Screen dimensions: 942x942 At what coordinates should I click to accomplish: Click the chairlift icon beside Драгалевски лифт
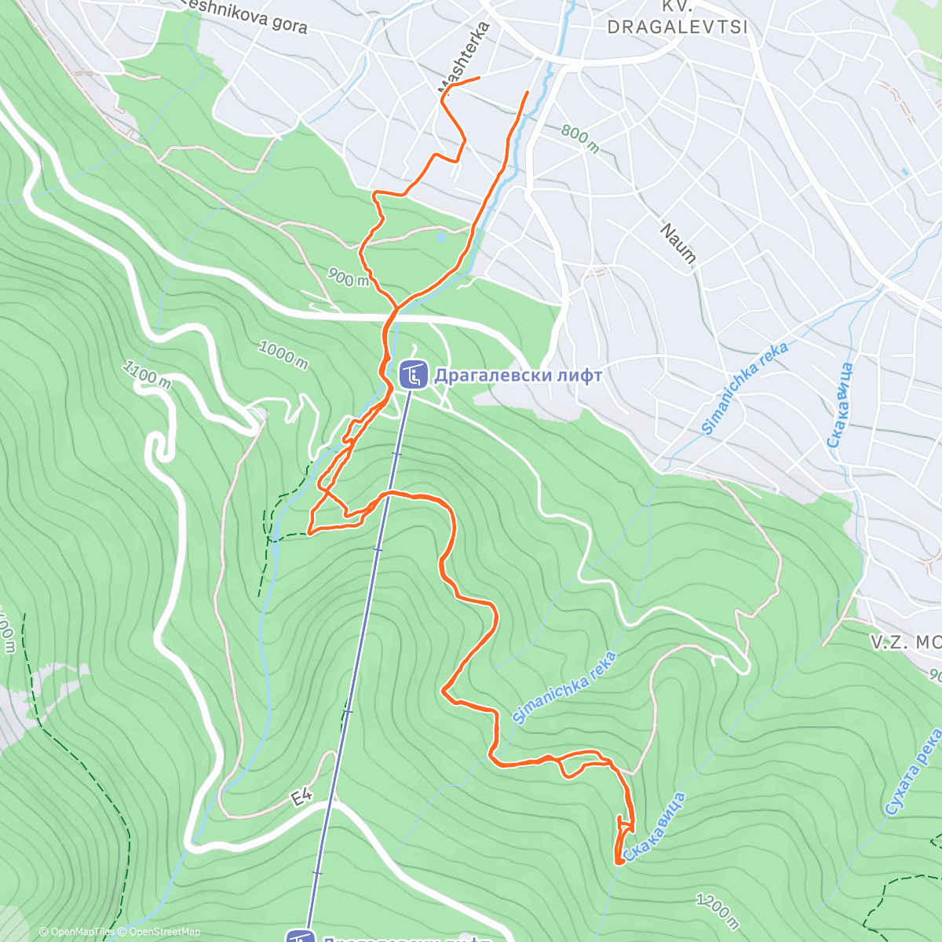tap(413, 374)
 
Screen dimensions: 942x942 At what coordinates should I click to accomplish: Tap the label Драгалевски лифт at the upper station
tap(518, 375)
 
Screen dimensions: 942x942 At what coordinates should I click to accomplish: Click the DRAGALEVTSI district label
tap(677, 27)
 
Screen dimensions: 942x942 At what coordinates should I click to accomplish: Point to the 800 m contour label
tap(580, 139)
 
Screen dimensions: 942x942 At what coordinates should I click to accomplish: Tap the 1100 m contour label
tap(147, 374)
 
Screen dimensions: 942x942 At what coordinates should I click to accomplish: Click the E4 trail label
tap(301, 798)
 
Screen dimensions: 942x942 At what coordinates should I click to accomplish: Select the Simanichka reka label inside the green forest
tap(564, 688)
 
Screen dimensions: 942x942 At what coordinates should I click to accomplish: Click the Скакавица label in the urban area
tap(839, 405)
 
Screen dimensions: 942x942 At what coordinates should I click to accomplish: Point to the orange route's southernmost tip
tap(619, 862)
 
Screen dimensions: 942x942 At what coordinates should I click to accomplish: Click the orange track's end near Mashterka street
tap(478, 78)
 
